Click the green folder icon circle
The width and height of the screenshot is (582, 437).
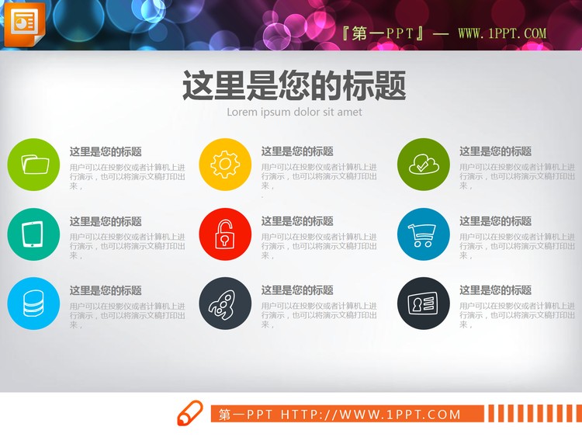(x=33, y=164)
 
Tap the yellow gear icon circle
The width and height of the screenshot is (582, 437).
(x=225, y=164)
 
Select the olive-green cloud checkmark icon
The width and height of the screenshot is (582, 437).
(x=424, y=164)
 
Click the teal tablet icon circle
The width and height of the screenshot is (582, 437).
(x=33, y=234)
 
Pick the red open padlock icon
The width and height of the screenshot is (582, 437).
(x=225, y=234)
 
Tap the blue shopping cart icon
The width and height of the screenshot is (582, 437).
(x=424, y=234)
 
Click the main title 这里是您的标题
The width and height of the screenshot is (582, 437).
(x=294, y=86)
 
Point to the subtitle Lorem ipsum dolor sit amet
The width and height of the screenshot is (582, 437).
(x=294, y=112)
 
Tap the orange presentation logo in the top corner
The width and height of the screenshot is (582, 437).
(x=24, y=21)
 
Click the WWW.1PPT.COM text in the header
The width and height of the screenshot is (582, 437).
(x=502, y=34)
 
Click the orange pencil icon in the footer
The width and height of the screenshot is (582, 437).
(x=189, y=414)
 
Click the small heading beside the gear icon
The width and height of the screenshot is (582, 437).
(x=297, y=151)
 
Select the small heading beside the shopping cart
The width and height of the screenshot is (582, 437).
(x=495, y=221)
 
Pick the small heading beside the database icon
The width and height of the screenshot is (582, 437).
(x=106, y=290)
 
